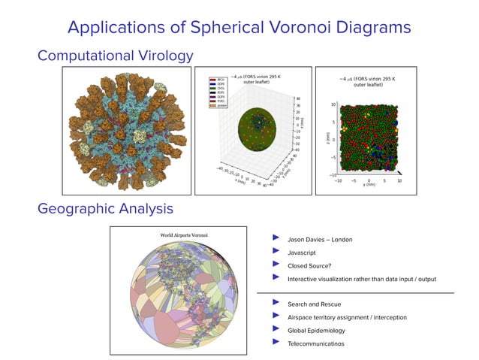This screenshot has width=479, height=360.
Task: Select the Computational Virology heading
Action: [115, 56]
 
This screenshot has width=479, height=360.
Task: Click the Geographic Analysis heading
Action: [106, 207]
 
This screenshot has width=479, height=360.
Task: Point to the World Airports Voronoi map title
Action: [184, 235]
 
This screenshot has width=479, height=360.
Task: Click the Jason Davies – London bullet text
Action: [320, 240]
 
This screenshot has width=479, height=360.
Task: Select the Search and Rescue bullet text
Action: [315, 304]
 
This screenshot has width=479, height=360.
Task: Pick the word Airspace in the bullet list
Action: [304, 317]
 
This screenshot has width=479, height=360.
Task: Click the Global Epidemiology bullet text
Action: [316, 330]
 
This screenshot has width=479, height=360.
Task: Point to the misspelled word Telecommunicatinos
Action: [315, 343]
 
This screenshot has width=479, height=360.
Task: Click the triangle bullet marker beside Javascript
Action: [276, 253]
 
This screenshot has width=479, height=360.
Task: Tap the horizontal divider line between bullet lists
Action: [355, 292]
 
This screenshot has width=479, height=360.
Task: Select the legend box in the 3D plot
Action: [218, 95]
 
